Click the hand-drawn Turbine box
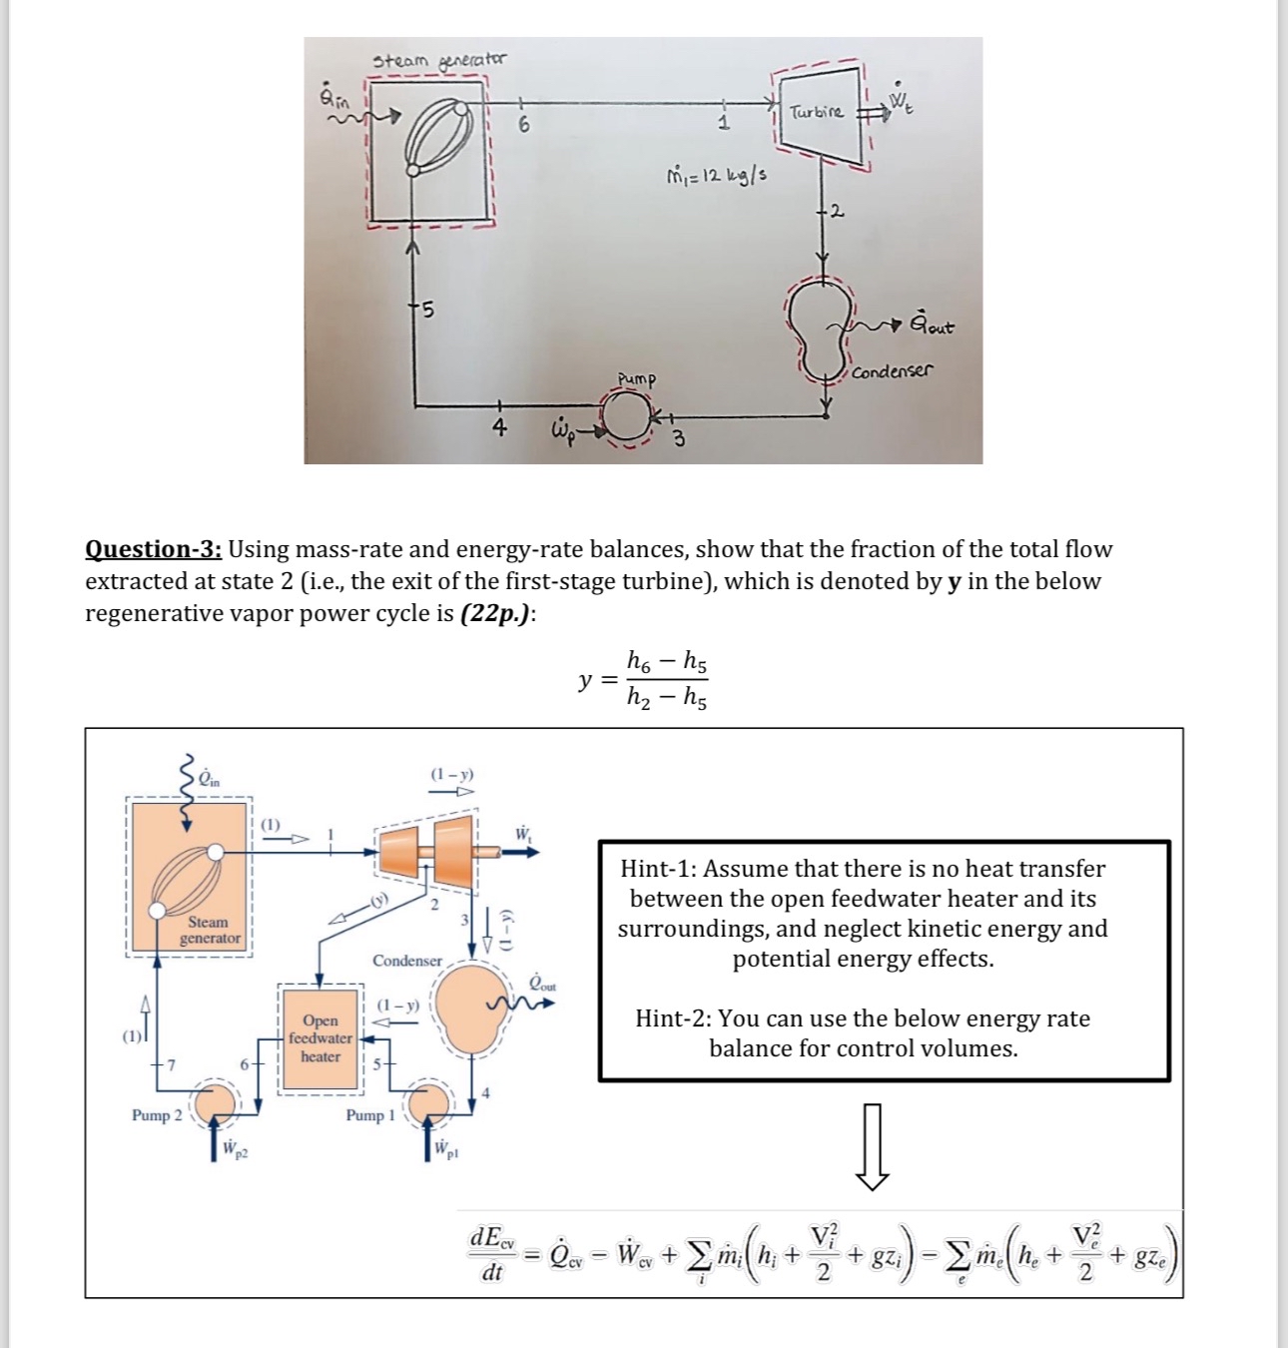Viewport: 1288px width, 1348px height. tap(817, 116)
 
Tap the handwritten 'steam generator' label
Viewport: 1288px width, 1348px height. tap(439, 61)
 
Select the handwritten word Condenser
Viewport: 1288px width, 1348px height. tap(893, 370)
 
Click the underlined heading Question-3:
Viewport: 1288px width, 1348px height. tap(154, 549)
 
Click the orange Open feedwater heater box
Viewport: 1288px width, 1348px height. tap(320, 1038)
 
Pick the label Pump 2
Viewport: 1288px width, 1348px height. tap(157, 1115)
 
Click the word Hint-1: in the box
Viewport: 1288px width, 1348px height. tap(658, 869)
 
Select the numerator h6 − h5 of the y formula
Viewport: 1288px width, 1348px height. tap(667, 660)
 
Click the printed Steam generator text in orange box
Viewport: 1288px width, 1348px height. tap(209, 930)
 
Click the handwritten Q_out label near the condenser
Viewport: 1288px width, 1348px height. tap(931, 327)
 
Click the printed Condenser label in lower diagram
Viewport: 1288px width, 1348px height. tap(407, 961)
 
